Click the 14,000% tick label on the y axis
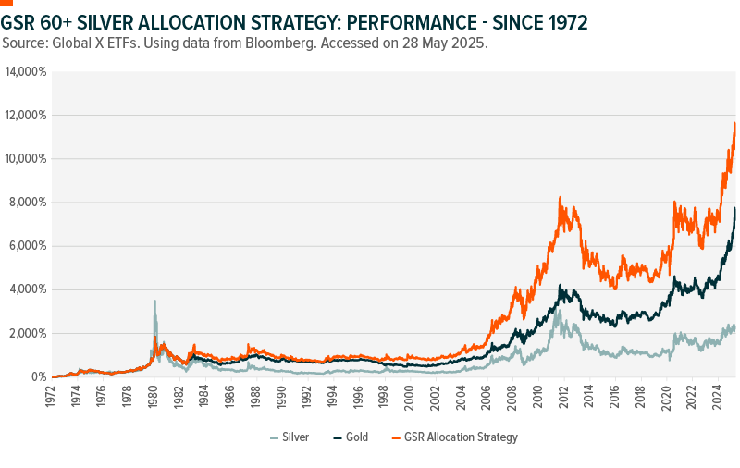pyautogui.click(x=26, y=71)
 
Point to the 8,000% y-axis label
pyautogui.click(x=29, y=203)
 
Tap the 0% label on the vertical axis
pyautogui.click(x=37, y=377)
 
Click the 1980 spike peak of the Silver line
pyautogui.click(x=154, y=301)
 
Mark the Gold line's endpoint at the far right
pyautogui.click(x=735, y=208)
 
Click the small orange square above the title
pyautogui.click(x=6, y=3)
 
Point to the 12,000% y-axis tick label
pyautogui.click(x=26, y=115)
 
